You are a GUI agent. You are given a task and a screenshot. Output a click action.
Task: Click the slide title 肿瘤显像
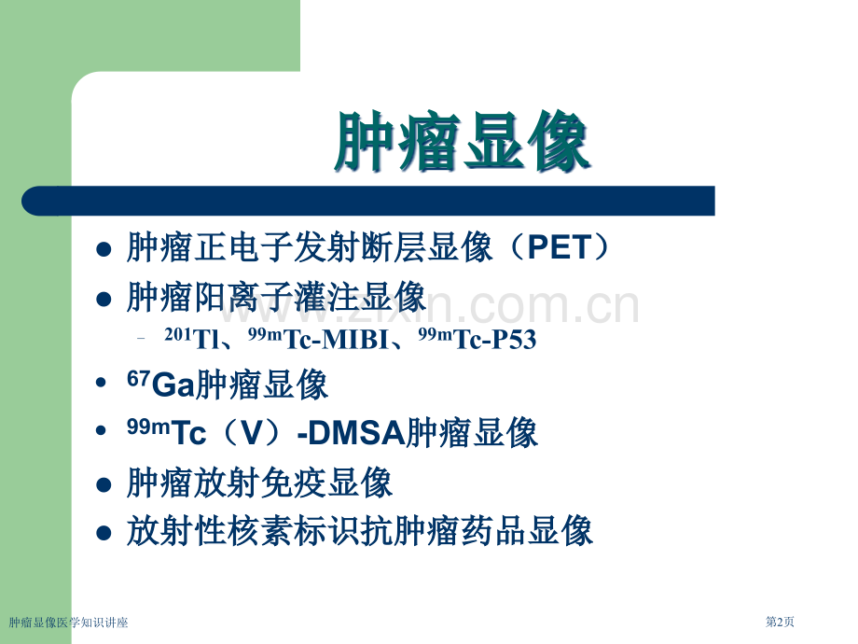[x=462, y=144]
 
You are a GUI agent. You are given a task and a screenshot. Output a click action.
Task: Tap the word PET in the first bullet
[x=568, y=248]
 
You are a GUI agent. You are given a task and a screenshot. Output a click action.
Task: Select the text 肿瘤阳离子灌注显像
[x=275, y=298]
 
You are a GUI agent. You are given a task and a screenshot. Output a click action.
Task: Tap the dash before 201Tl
[x=142, y=341]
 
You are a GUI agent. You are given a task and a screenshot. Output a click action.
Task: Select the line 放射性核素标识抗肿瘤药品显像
[x=359, y=531]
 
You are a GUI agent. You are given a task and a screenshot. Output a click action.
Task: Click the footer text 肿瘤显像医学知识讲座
[x=68, y=623]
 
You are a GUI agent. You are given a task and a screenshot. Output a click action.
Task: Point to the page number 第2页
[x=780, y=623]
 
